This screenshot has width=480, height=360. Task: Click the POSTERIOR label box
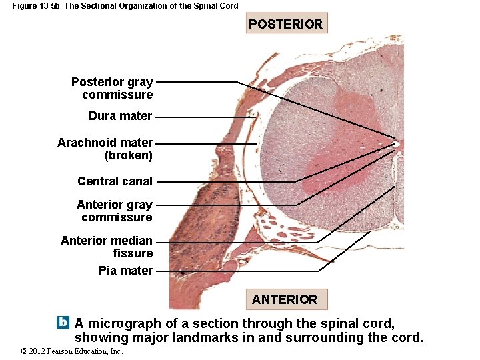(286, 24)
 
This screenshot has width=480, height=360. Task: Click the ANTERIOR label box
(285, 299)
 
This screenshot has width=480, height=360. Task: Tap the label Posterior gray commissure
(112, 88)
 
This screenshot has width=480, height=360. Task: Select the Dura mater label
(120, 116)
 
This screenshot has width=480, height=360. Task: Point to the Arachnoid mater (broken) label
(105, 149)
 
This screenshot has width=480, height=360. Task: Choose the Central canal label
(115, 181)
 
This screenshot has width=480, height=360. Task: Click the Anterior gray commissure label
(115, 211)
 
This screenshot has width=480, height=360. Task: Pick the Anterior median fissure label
(107, 247)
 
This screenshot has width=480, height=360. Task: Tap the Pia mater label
(125, 271)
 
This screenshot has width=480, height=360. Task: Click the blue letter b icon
(63, 322)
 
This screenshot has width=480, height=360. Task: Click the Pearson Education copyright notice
(71, 351)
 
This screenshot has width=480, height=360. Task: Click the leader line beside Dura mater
(203, 116)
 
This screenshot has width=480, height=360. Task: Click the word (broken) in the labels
(129, 155)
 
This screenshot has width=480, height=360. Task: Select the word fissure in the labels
(133, 253)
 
